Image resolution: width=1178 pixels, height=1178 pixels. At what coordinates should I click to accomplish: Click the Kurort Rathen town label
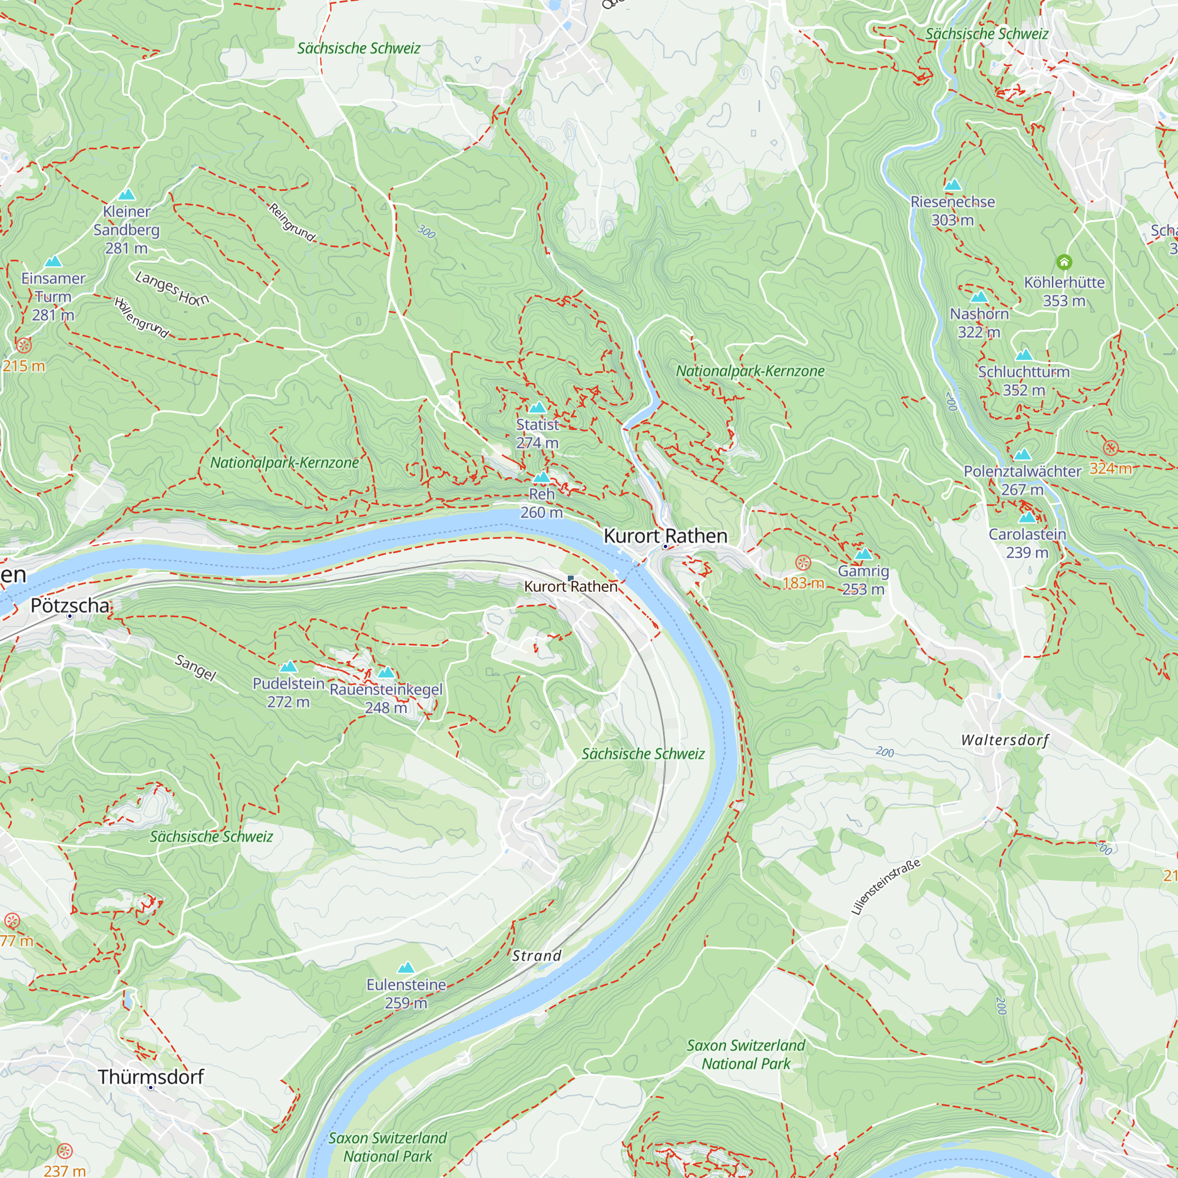pos(665,536)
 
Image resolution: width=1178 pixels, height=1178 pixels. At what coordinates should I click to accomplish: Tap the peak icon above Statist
pos(537,408)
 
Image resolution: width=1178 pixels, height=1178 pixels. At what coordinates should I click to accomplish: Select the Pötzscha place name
pos(70,605)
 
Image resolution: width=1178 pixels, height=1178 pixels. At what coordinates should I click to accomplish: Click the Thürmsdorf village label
pos(151,1076)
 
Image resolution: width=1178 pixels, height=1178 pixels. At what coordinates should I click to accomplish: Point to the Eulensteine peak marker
pos(406,968)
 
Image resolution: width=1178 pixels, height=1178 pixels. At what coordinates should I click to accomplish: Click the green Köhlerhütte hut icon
pos(1064,262)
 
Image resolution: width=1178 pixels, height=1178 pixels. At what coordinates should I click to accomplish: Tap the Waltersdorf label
pos(1005,740)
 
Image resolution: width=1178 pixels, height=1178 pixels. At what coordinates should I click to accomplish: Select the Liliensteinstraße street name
pos(885,887)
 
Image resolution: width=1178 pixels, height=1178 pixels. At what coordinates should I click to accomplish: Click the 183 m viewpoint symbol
pos(803,562)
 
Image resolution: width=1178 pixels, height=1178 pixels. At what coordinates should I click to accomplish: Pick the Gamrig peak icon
pos(863,554)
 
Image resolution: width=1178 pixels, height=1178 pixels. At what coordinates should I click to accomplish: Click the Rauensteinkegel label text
pos(386,690)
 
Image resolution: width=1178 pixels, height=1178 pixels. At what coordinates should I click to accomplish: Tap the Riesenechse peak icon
pos(952,184)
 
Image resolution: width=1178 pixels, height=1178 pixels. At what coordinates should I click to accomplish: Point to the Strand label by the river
pos(537,955)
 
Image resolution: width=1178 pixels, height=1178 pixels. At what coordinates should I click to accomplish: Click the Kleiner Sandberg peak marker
pos(126,194)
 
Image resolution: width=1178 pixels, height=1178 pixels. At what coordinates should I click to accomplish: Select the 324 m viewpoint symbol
pos(1111,448)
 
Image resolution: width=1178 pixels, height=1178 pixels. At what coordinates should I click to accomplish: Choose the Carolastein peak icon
pos(1027,517)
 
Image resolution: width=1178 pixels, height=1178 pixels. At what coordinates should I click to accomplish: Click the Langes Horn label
pos(172,289)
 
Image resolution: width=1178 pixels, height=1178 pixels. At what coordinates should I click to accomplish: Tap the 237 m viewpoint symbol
pos(65,1151)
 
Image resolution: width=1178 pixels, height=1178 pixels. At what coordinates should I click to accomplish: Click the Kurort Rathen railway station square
pos(571,578)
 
